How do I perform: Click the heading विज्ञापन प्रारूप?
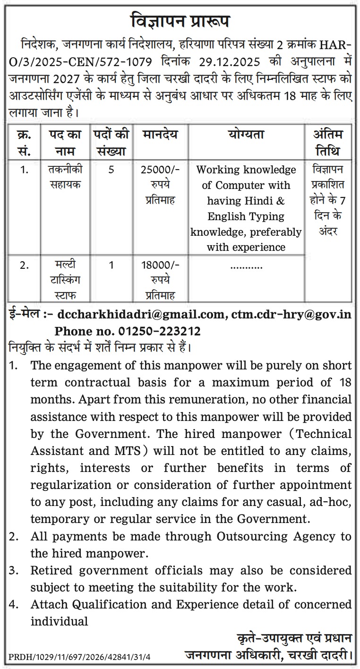(x=180, y=22)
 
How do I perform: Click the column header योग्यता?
(x=246, y=135)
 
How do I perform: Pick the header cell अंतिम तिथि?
(x=328, y=143)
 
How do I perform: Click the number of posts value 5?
(x=111, y=170)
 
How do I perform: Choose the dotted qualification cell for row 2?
(x=246, y=266)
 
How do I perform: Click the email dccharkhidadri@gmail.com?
(x=140, y=315)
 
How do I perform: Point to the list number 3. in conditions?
(x=14, y=571)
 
